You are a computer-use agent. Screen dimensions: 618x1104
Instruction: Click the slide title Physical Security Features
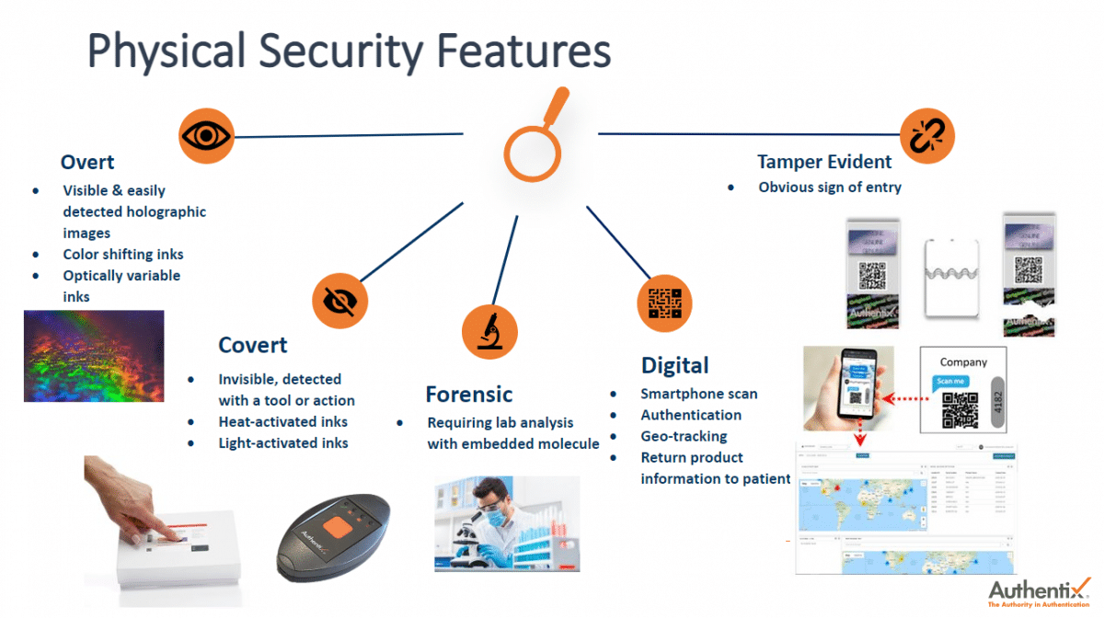point(349,51)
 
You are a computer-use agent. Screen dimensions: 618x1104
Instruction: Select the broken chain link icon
point(926,136)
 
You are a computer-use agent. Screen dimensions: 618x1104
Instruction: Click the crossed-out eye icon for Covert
point(339,301)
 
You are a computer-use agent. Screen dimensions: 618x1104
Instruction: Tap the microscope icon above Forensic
point(489,330)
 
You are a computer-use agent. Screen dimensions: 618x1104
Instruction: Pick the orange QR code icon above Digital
point(664,303)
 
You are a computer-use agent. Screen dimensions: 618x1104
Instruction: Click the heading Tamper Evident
point(824,162)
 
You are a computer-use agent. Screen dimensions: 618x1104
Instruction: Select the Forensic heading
point(468,395)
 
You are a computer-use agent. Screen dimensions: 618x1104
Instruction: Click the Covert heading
point(252,345)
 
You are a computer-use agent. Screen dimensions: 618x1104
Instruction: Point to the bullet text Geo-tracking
point(684,436)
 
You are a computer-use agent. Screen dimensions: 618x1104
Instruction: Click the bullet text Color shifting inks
point(123,254)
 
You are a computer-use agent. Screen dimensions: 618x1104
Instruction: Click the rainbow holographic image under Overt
point(94,356)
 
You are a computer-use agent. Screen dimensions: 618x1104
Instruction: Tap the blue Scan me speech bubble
point(951,382)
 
